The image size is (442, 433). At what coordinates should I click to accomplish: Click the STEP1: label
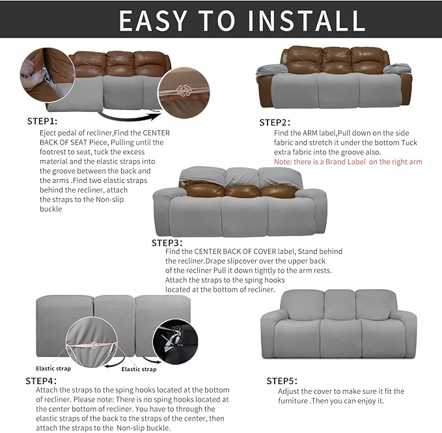[42, 121]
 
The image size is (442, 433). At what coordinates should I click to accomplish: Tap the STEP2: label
[275, 122]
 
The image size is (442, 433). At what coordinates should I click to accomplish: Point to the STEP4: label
[41, 380]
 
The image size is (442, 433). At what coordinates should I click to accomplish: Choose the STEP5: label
[282, 380]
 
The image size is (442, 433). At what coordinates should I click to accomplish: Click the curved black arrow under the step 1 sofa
[131, 118]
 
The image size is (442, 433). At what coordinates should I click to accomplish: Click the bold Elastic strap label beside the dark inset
[139, 369]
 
